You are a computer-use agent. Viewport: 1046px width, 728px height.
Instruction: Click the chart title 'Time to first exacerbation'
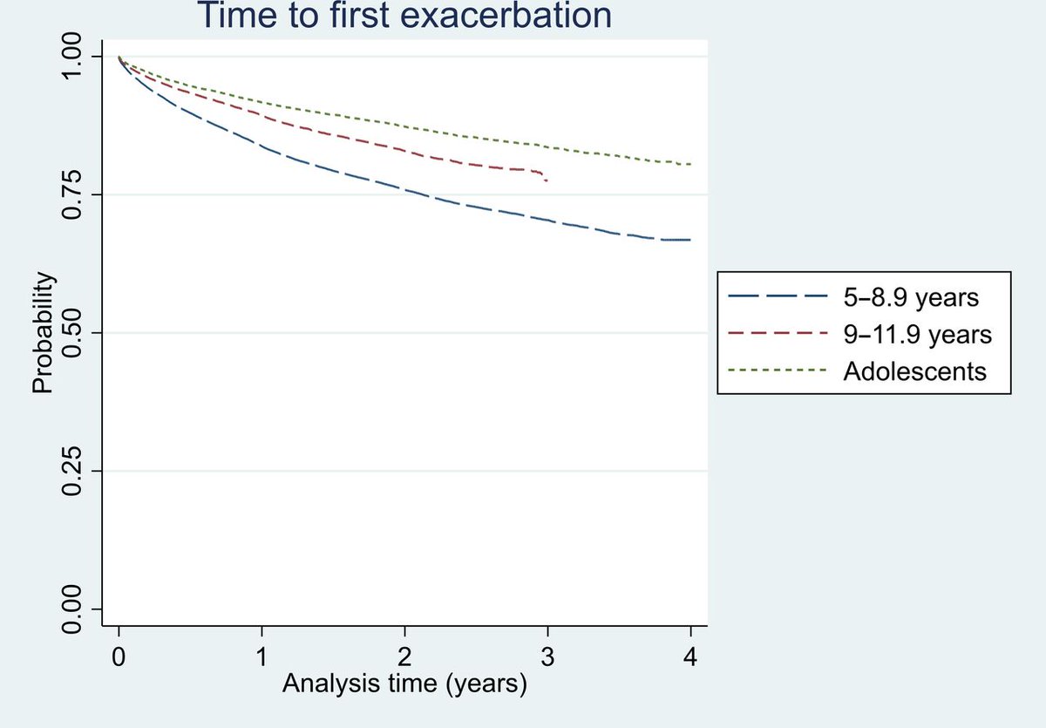pos(404,16)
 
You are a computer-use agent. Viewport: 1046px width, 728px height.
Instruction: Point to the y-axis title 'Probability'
pos(44,333)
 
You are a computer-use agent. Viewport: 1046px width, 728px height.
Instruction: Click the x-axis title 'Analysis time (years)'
pos(404,686)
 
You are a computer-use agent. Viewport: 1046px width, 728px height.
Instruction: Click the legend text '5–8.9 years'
pos(911,297)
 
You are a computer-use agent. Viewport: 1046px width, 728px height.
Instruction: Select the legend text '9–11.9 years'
pos(918,334)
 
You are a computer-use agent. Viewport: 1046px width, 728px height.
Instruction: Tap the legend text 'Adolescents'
pos(914,371)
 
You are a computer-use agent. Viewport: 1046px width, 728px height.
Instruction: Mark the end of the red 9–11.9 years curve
pos(547,180)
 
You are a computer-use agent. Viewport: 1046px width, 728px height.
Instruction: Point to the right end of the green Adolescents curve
pos(690,164)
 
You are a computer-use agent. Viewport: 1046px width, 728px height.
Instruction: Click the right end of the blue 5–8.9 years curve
pos(690,240)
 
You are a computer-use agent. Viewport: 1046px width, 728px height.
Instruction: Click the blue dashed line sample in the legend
pos(777,297)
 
